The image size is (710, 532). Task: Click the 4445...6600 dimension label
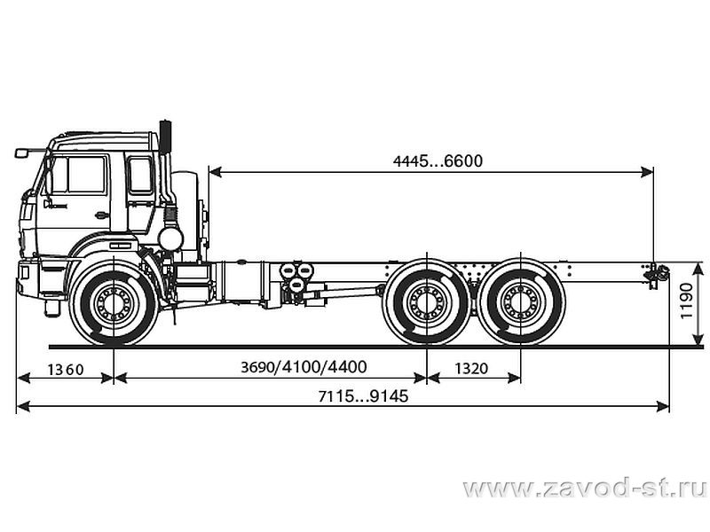438,161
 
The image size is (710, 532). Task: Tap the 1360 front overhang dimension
66,370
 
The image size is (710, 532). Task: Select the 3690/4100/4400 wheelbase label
304,367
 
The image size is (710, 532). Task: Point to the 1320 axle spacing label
471,369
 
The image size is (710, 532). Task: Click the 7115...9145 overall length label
363,396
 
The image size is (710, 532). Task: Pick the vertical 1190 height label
686,301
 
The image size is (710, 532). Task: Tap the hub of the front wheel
114,301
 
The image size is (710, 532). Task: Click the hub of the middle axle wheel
427,301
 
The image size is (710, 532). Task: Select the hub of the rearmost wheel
521,301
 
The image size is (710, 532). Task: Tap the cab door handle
102,215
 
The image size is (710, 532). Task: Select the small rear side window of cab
140,176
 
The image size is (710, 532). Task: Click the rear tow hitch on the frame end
657,274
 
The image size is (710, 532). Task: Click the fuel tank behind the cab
240,281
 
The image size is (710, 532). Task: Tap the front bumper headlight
23,273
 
